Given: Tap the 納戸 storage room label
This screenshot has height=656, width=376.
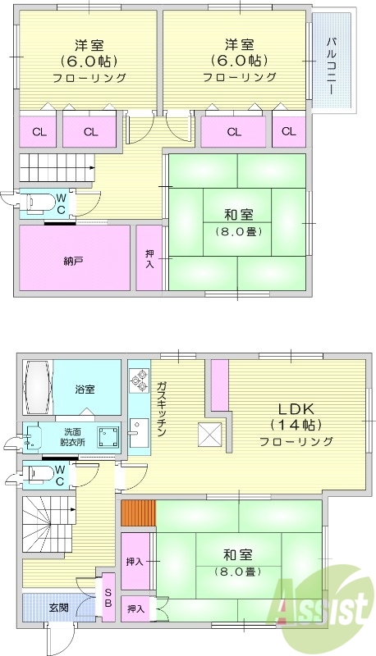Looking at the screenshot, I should coord(73,261).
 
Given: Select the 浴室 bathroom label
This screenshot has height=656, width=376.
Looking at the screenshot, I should coord(85,389).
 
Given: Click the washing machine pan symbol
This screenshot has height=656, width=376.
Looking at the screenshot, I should coord(107,436).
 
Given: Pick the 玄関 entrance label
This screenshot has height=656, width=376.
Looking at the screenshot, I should coord(58,608).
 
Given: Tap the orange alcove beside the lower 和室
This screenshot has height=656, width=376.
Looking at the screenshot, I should coord(137,512).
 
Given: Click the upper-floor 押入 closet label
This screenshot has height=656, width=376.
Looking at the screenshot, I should coord(149,257).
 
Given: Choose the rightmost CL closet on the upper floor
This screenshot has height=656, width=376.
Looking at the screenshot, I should coord(288,131).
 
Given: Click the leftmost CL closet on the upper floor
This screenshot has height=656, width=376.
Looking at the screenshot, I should coord(39,131).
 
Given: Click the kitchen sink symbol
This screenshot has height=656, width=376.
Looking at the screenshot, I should coord(138,433).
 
